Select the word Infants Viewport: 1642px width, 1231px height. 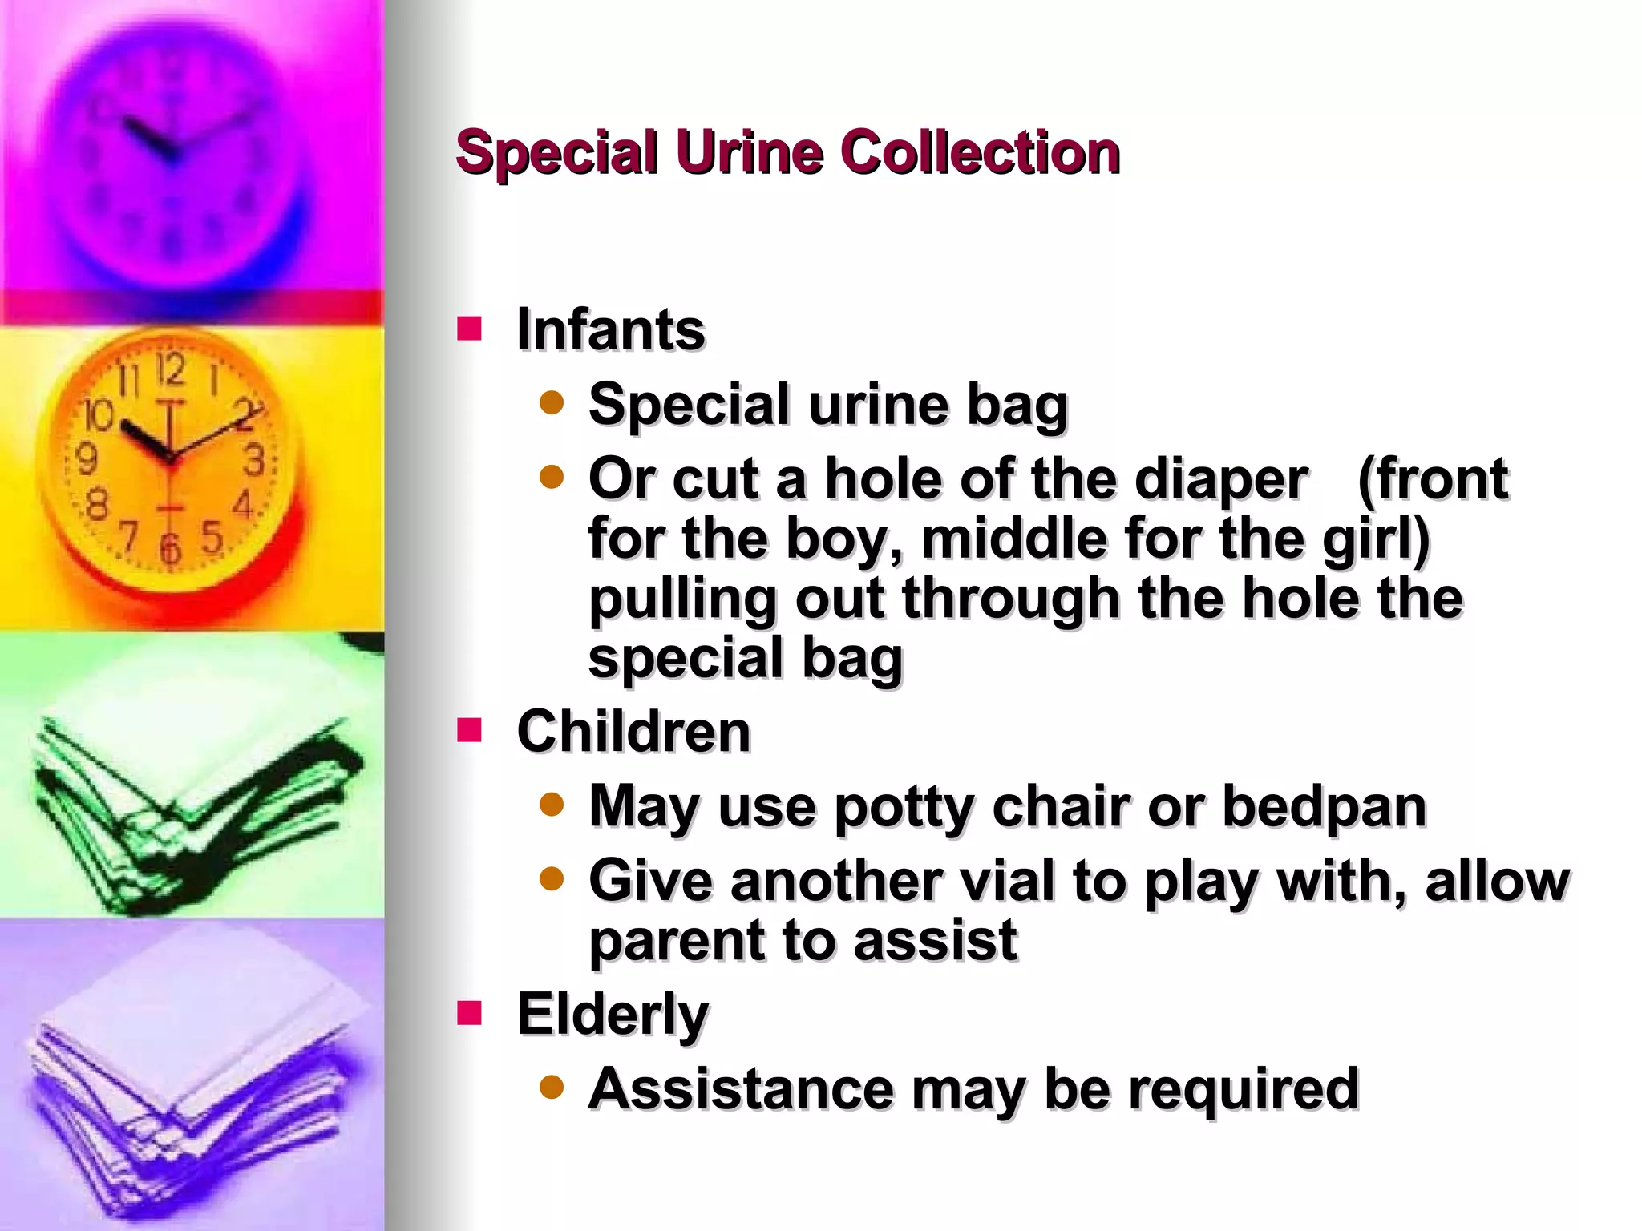click(x=611, y=329)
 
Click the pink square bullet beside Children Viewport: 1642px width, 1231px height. click(x=470, y=730)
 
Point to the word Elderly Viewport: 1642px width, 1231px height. click(x=613, y=1015)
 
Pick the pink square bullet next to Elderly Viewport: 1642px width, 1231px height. click(x=470, y=1013)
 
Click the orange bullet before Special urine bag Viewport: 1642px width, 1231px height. click(x=552, y=402)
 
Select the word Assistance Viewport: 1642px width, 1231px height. click(x=740, y=1088)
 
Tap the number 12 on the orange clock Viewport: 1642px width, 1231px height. click(x=170, y=370)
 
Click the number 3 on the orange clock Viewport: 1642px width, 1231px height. click(x=254, y=460)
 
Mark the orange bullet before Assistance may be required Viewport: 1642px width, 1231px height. click(x=552, y=1088)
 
